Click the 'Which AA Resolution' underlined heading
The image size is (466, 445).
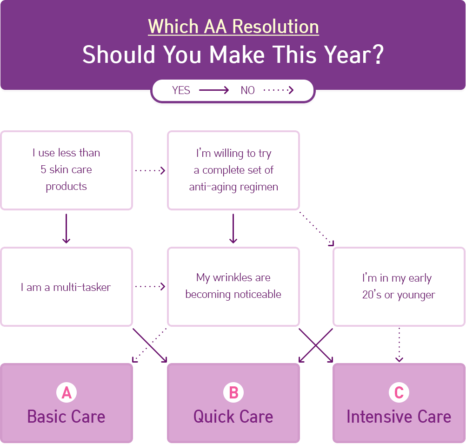pyautogui.click(x=233, y=27)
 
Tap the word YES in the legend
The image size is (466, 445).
pyautogui.click(x=181, y=90)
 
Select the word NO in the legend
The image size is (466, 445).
pyautogui.click(x=247, y=90)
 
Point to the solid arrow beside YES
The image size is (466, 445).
pyautogui.click(x=214, y=90)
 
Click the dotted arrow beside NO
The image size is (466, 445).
pyautogui.click(x=279, y=90)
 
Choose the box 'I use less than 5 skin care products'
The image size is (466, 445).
pyautogui.click(x=67, y=170)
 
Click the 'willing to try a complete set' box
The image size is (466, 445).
pyautogui.click(x=233, y=170)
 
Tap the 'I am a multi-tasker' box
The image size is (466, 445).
pyautogui.click(x=67, y=287)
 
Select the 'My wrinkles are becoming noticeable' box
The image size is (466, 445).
pyautogui.click(x=233, y=287)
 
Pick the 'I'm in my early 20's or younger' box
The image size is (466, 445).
pyautogui.click(x=399, y=287)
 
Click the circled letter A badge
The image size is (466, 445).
pyautogui.click(x=67, y=392)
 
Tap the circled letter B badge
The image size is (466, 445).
pyautogui.click(x=233, y=392)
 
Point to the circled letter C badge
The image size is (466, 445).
pyautogui.click(x=399, y=392)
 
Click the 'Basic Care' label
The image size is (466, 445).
pyautogui.click(x=67, y=417)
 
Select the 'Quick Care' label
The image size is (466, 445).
pyautogui.click(x=233, y=417)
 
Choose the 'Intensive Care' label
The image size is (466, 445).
pyautogui.click(x=399, y=417)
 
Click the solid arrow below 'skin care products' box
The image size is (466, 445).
pyautogui.click(x=67, y=229)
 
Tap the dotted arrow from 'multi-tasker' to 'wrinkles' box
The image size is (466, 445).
pyautogui.click(x=150, y=286)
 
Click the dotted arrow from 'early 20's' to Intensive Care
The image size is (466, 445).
pyautogui.click(x=399, y=345)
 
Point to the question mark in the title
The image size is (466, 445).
pyautogui.click(x=378, y=54)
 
